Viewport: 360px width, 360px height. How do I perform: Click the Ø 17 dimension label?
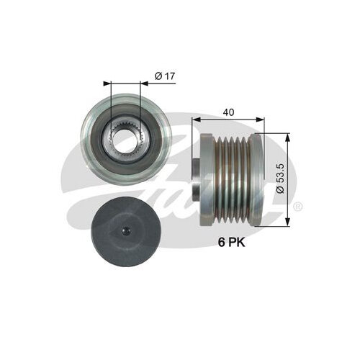[x=165, y=76]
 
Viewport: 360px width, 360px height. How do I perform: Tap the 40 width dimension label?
[x=228, y=112]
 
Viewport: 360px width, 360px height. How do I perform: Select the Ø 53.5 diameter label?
[x=280, y=179]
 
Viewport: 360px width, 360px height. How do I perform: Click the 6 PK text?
[x=231, y=243]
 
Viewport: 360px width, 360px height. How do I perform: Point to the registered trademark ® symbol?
[x=298, y=207]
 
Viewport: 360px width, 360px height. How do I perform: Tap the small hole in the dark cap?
[x=126, y=231]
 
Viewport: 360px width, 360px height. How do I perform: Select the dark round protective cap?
[x=126, y=231]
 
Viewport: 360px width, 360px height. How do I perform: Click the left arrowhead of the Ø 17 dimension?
[x=107, y=84]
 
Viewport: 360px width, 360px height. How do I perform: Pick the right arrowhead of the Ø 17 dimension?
[x=144, y=84]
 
